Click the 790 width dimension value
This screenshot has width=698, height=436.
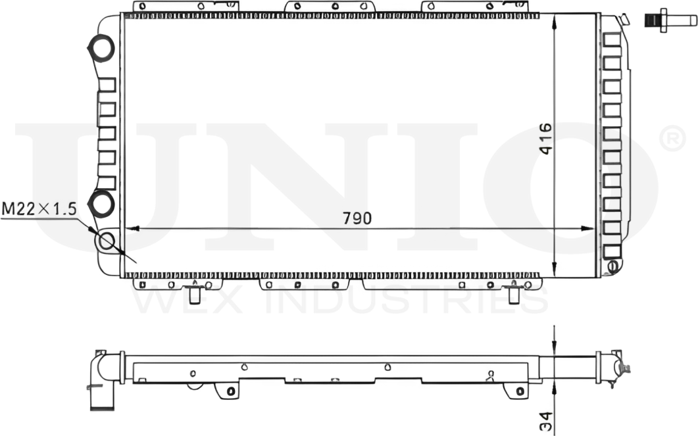[357, 218]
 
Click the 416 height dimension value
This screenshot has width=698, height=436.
[545, 139]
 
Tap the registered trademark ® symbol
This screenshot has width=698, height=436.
[671, 139]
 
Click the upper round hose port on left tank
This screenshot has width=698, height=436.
[101, 48]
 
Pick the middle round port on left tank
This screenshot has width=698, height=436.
[101, 204]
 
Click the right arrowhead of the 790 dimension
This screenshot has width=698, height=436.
[589, 229]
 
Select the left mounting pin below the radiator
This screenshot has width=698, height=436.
[195, 295]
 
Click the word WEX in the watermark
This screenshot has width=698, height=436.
[191, 302]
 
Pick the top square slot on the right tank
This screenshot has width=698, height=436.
[611, 39]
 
